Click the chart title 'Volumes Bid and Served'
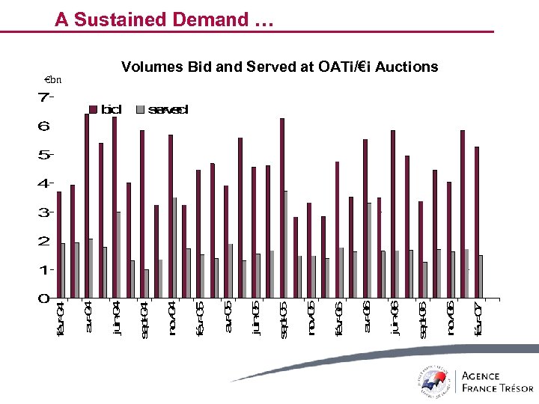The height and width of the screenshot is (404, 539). point(279,67)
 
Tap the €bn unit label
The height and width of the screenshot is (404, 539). point(53,80)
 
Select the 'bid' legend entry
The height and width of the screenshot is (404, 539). point(106,110)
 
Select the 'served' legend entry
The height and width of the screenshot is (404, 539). point(162,110)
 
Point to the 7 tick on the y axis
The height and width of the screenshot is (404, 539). point(45,97)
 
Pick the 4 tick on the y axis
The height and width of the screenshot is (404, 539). point(45,183)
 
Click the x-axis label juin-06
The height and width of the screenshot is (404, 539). point(395,319)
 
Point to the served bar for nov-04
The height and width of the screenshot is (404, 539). point(174,248)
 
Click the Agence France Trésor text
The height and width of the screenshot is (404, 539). point(498,382)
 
